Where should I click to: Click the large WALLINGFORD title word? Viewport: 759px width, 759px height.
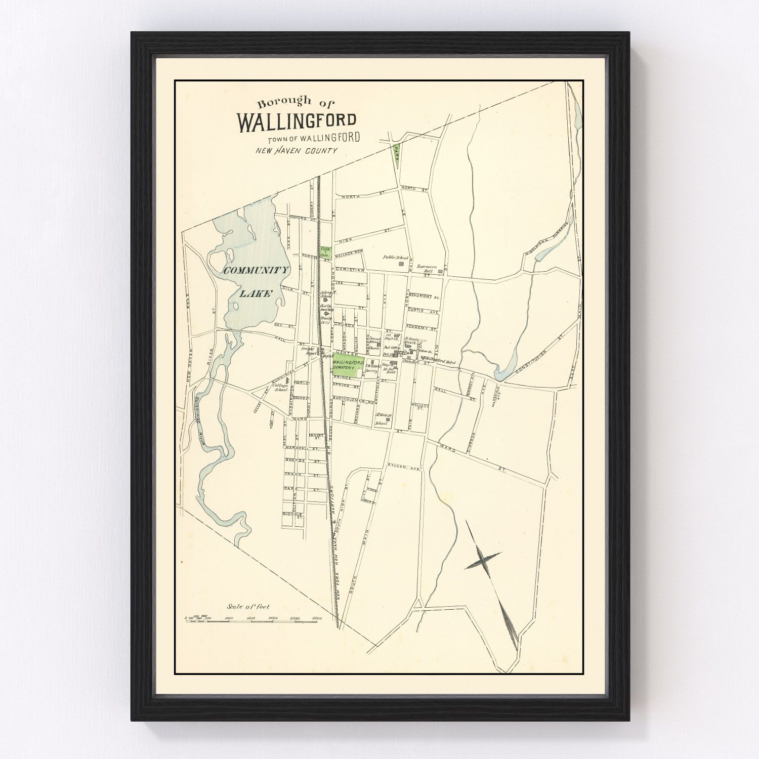pos(297,121)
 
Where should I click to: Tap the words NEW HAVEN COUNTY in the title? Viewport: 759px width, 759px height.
pos(296,150)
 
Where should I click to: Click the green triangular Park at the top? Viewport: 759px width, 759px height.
pos(397,153)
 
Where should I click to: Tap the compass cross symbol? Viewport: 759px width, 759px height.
pos(483,560)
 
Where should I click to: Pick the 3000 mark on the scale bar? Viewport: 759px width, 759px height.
pos(318,618)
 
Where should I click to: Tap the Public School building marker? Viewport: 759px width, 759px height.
pos(403,264)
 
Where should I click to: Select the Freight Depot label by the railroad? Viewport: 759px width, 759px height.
pos(308,351)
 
